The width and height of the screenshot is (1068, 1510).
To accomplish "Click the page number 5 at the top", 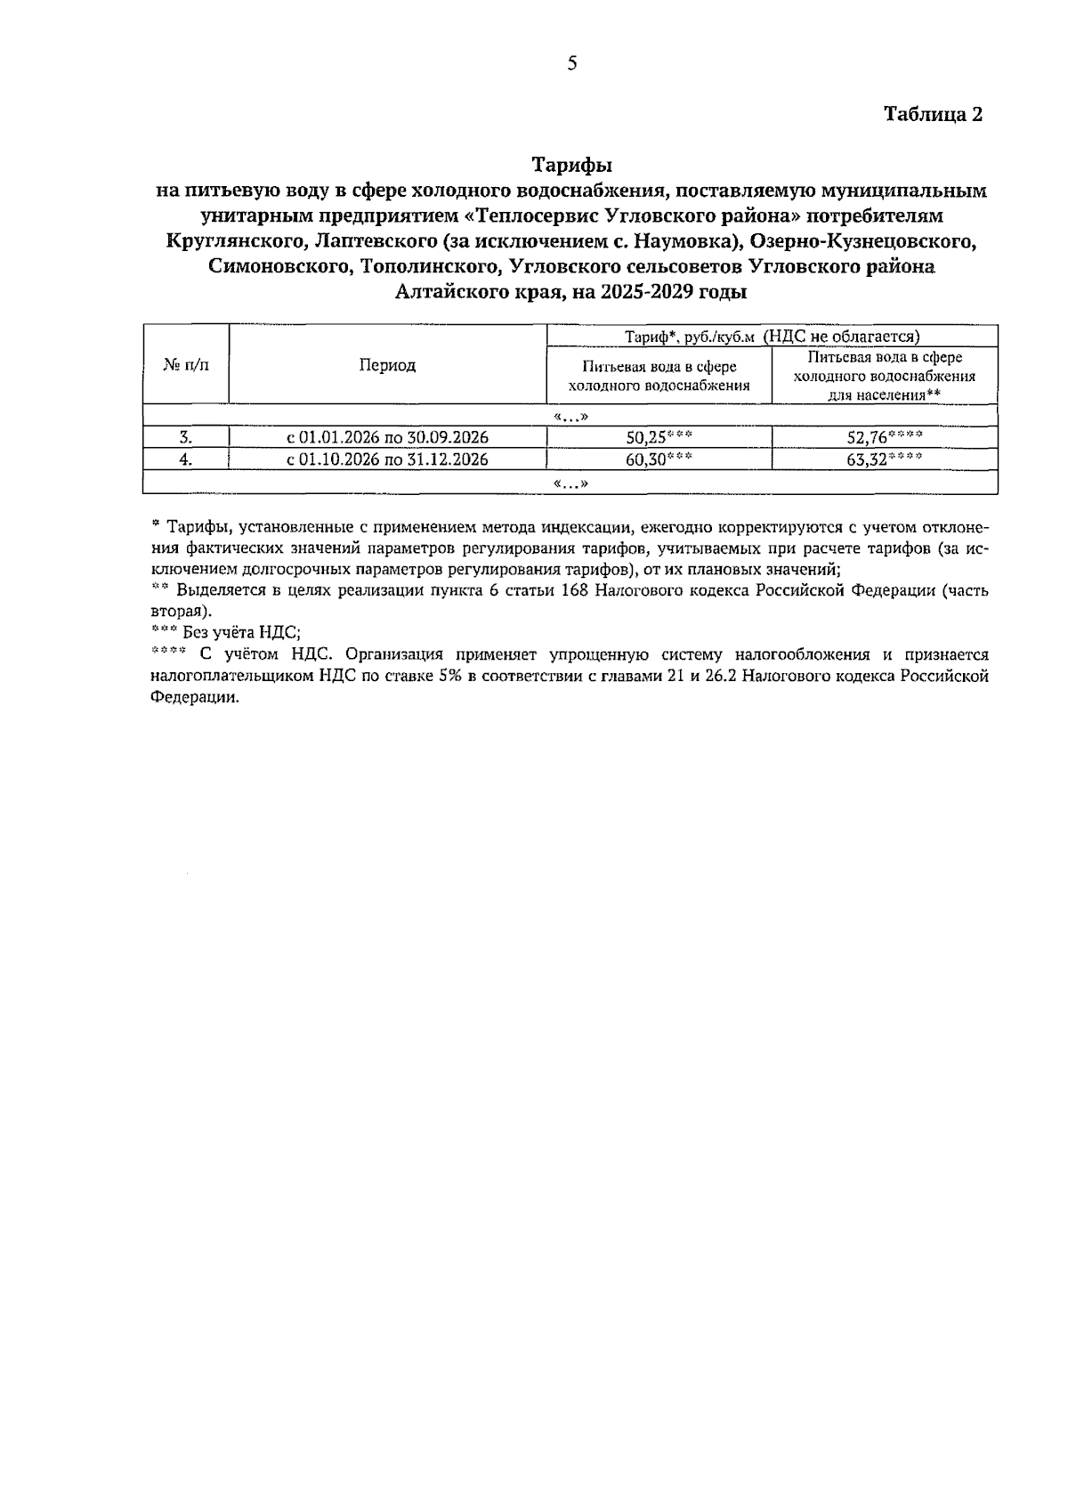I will (x=572, y=62).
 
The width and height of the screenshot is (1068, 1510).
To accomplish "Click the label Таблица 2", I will (x=932, y=114).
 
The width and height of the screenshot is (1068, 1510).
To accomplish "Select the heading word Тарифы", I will (x=571, y=165).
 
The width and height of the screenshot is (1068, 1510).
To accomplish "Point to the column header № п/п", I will (x=186, y=364).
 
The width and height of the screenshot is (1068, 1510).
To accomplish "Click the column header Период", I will (x=387, y=364).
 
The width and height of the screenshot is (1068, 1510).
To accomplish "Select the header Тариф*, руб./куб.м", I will (x=684, y=336).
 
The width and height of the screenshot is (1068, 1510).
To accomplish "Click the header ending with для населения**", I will (x=884, y=376).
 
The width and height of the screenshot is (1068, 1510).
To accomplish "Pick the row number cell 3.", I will (x=186, y=437).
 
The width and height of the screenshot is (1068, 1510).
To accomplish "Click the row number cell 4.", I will (x=186, y=459).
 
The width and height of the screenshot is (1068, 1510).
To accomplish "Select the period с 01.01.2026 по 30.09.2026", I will (x=387, y=437).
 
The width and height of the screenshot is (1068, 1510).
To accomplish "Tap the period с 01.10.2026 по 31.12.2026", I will (x=387, y=459).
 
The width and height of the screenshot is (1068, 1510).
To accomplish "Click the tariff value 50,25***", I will (x=659, y=437).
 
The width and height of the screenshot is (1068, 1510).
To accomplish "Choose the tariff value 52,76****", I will (x=884, y=437).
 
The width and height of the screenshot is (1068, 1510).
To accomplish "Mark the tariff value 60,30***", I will (x=659, y=459).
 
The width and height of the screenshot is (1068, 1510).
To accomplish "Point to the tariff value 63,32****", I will (x=884, y=459).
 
